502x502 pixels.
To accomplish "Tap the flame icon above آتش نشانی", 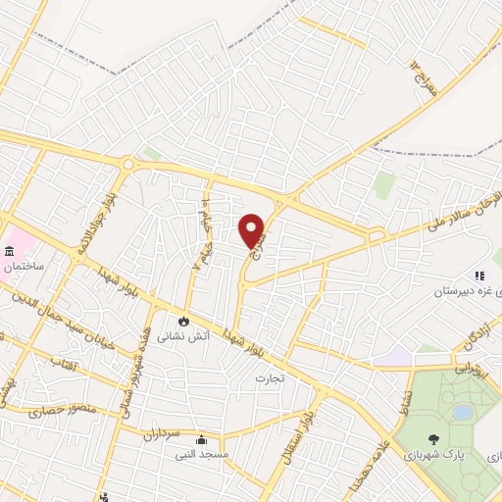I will (183, 321).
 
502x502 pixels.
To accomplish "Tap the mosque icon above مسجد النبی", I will (200, 439).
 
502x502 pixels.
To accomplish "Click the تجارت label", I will (269, 377).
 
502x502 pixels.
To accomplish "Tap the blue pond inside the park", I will (462, 413).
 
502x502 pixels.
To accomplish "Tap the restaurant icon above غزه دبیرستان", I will (479, 276).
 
